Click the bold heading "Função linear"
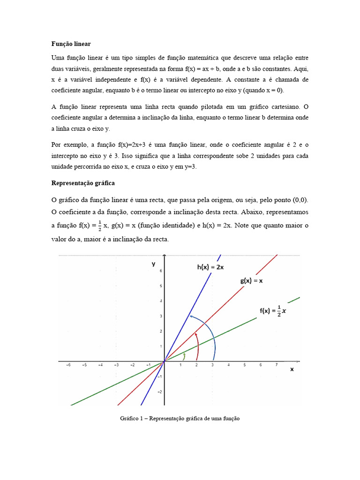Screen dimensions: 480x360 point(71,44)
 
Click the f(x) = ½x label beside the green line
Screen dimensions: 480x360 point(273,311)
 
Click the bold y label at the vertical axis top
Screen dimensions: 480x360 point(153,264)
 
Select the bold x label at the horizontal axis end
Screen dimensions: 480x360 point(292,369)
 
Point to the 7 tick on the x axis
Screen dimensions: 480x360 point(277,365)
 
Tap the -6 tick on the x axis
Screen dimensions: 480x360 point(67,365)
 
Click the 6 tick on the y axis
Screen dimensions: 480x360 point(160,271)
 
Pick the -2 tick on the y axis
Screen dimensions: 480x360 point(159,391)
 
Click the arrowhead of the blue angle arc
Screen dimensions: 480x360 point(190,317)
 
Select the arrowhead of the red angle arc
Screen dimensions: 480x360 point(196,333)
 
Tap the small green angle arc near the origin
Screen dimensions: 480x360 point(184,356)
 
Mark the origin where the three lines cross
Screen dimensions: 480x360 point(164,361)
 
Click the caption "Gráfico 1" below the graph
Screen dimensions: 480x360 point(180,418)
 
